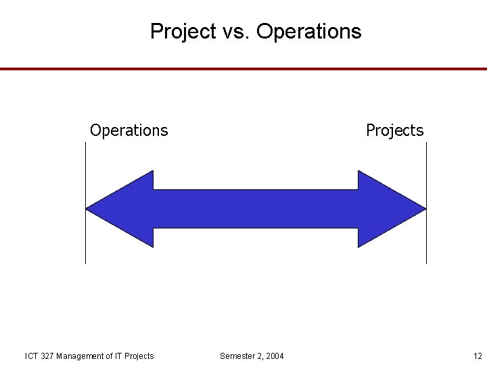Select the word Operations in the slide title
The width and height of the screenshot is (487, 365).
point(309,32)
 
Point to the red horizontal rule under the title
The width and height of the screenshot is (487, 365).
point(243,69)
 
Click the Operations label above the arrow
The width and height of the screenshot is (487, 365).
point(129,130)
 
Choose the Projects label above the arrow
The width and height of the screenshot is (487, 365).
point(394,130)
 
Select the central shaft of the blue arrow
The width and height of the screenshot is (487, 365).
point(256,209)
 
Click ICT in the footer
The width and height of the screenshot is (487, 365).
point(31,356)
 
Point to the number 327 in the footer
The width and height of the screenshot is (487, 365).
point(47,356)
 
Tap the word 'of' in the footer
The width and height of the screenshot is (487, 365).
point(112,356)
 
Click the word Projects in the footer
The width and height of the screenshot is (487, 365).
point(140,356)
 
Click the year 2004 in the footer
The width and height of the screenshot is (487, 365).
point(275,356)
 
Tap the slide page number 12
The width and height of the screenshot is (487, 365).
point(478,356)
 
